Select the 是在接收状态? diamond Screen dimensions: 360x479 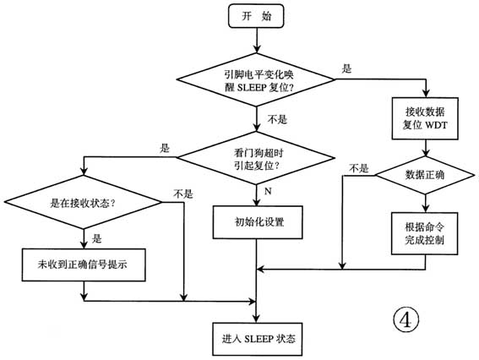click(83, 204)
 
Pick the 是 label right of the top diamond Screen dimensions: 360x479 click(346, 68)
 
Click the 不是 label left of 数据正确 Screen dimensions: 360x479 click(358, 167)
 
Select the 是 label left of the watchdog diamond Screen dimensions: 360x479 click(164, 147)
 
